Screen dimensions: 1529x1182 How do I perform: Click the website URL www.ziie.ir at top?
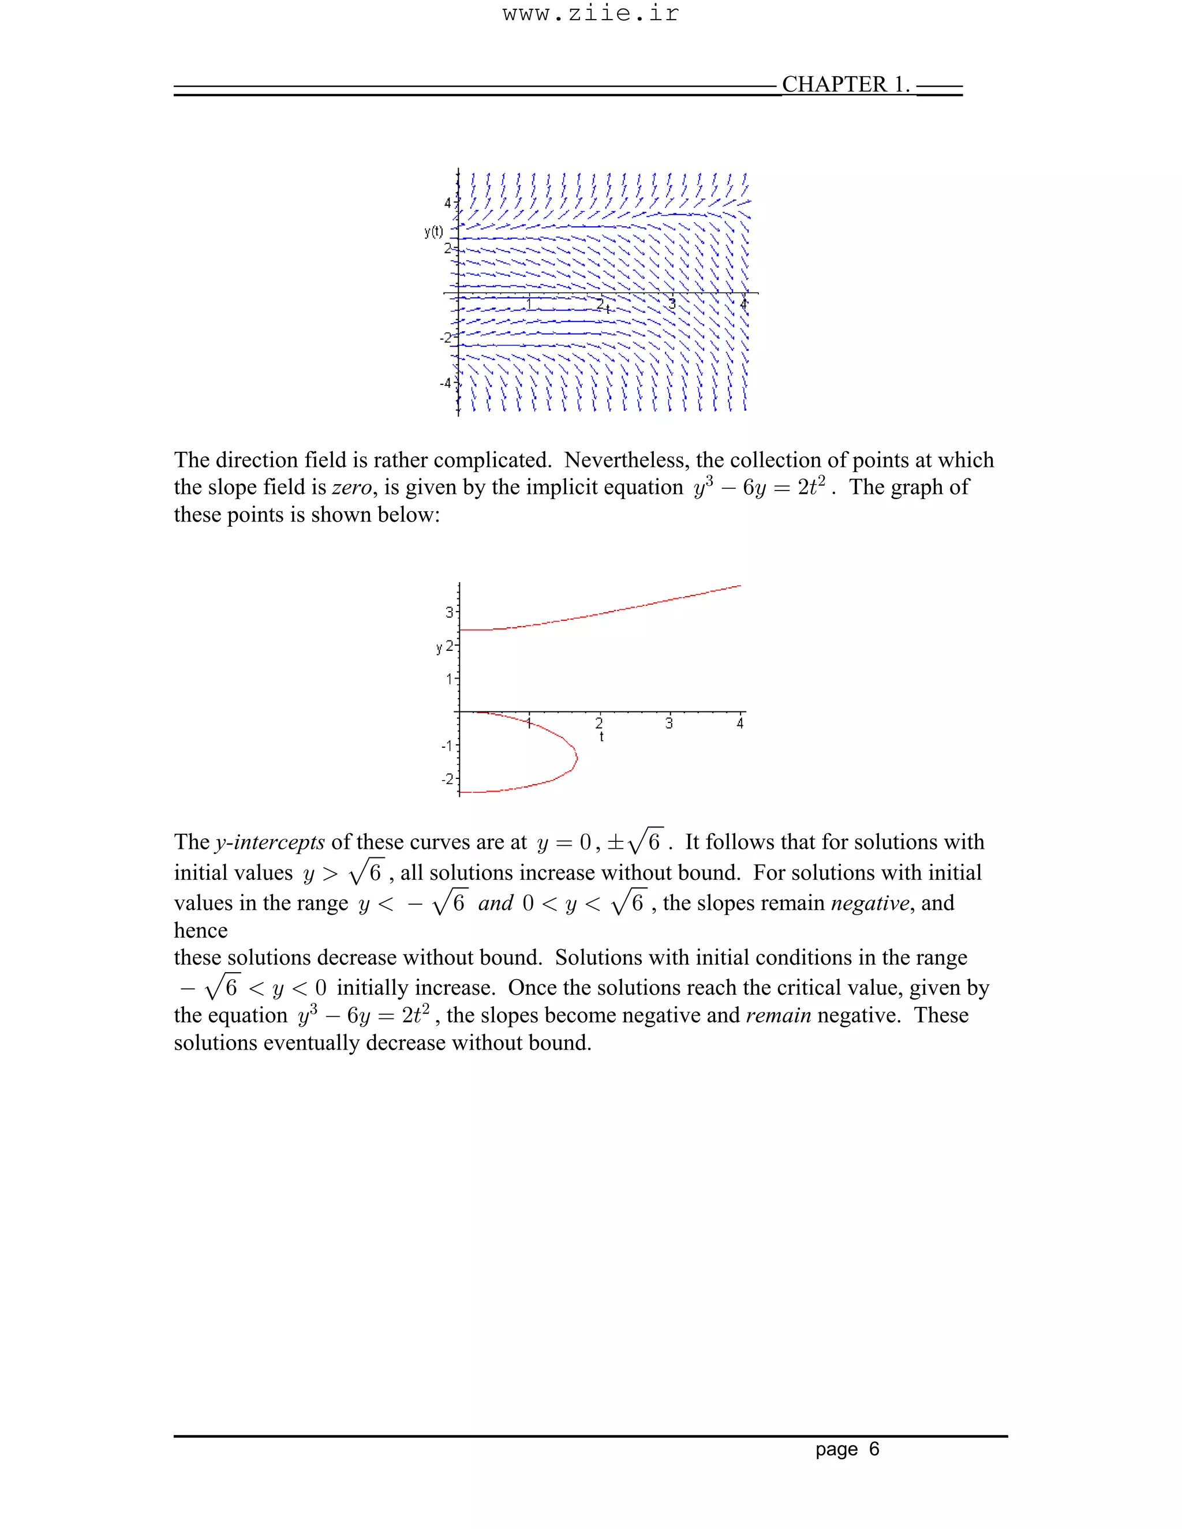tap(590, 14)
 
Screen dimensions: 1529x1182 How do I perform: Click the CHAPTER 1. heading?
tap(845, 85)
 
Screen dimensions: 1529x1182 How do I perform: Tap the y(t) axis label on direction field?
tap(433, 232)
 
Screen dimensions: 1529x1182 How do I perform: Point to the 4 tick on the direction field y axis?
tap(448, 203)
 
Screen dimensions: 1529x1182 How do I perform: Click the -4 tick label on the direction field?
tap(446, 383)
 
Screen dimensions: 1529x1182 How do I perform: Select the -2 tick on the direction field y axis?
tap(446, 338)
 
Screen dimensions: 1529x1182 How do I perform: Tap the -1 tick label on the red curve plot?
tap(446, 745)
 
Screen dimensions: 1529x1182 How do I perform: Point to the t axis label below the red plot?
tap(601, 736)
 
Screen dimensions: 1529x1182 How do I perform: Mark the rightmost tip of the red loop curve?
tap(577, 757)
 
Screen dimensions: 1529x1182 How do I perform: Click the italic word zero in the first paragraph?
tap(351, 488)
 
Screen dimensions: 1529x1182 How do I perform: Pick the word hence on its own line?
tap(201, 931)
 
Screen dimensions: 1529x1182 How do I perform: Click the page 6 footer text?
tap(847, 1449)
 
